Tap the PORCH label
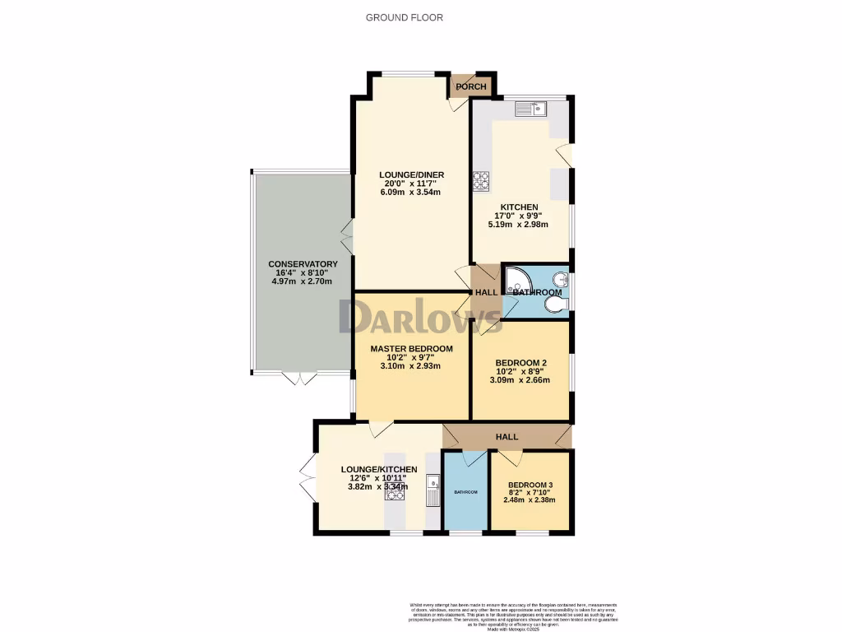click(x=471, y=87)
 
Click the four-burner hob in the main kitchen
click(x=480, y=179)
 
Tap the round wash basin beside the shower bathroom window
click(x=562, y=278)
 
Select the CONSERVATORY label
click(x=303, y=264)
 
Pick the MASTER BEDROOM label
click(x=411, y=349)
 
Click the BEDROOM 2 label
click(x=520, y=363)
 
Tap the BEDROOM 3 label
click(x=530, y=485)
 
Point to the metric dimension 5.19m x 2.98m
click(x=520, y=225)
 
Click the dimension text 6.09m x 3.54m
click(x=411, y=193)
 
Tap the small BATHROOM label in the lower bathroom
click(x=465, y=492)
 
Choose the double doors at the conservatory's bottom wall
click(x=298, y=378)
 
